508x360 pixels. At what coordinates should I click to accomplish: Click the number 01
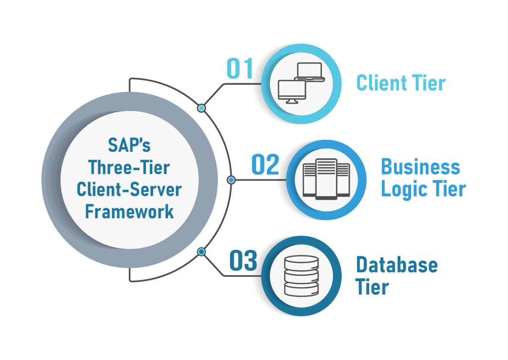click(x=240, y=69)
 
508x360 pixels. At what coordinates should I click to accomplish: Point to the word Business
click(x=420, y=167)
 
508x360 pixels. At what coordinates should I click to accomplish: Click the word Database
click(x=397, y=265)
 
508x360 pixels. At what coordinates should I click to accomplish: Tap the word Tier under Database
click(x=372, y=287)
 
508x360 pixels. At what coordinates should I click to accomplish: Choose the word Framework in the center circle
click(x=129, y=211)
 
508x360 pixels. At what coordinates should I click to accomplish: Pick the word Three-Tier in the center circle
click(x=129, y=168)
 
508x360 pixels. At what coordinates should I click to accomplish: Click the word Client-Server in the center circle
click(x=129, y=189)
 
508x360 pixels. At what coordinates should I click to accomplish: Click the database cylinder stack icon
click(x=300, y=275)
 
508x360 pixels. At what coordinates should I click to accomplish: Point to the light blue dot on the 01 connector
click(x=201, y=108)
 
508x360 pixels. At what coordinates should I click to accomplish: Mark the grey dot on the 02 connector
click(x=230, y=180)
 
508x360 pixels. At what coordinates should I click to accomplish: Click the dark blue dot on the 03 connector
click(x=201, y=252)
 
